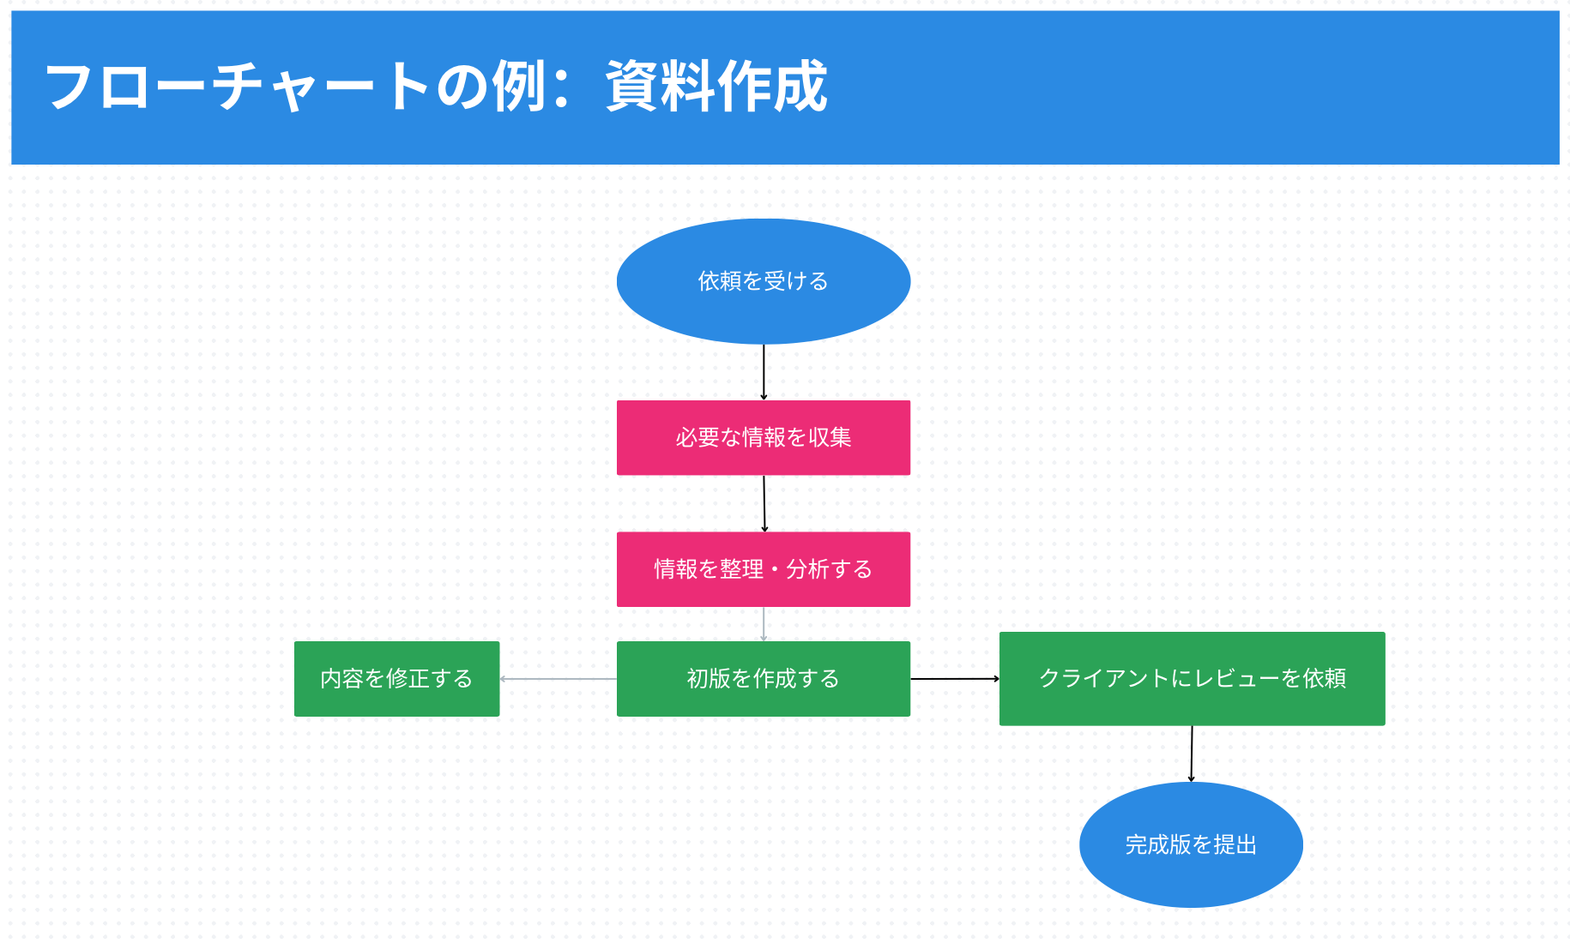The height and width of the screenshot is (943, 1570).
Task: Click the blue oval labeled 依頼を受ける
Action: [763, 281]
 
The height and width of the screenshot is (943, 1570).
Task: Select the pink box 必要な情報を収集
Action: [763, 437]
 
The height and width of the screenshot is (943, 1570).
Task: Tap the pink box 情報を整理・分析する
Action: [763, 569]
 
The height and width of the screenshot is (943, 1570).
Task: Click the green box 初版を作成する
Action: [763, 679]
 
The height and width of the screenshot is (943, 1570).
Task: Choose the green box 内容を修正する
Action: [396, 679]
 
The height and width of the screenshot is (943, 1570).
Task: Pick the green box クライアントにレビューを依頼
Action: [1192, 679]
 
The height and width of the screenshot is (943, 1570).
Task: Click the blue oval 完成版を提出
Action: [1191, 844]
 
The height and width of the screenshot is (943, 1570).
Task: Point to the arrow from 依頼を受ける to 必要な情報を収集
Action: [764, 372]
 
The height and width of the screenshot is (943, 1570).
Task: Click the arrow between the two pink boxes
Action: [764, 504]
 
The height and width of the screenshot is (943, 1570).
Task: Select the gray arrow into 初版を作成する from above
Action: [764, 624]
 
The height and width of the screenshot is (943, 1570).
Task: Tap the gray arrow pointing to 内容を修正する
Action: [558, 679]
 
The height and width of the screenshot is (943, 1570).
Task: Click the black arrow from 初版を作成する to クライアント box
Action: [954, 679]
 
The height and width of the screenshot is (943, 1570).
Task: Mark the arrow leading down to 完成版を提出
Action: [1192, 754]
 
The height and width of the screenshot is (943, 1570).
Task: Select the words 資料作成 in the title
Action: [716, 87]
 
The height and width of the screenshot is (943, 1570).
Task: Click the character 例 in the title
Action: [518, 87]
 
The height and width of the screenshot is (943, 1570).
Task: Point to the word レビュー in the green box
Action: [1236, 679]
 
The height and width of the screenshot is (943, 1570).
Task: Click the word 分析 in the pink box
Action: [807, 569]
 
